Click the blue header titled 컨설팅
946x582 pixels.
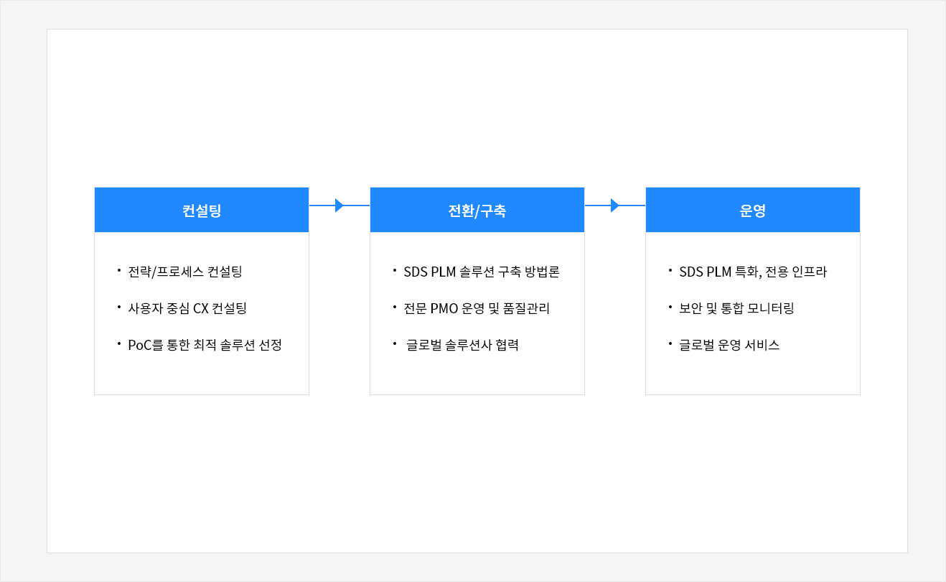pos(202,210)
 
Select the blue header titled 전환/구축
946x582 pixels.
pos(477,210)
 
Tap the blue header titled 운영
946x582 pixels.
pos(753,210)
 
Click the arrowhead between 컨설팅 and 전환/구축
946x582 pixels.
pos(339,205)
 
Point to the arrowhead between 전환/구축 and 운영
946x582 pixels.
pos(615,205)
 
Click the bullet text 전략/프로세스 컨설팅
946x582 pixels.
pos(185,272)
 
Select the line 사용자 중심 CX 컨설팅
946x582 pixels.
pos(187,308)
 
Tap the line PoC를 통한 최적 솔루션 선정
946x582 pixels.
pos(205,345)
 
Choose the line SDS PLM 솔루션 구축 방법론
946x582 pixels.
pos(482,272)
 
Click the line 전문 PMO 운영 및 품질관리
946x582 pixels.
pos(477,308)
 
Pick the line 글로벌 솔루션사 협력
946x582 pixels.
pos(462,345)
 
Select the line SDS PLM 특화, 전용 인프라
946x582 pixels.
pos(753,272)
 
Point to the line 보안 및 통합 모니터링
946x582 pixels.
pos(736,308)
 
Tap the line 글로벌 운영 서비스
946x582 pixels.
pos(729,345)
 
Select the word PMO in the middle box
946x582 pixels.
pos(444,308)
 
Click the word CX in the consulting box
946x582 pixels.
pos(201,308)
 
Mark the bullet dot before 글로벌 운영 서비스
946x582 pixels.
pos(670,343)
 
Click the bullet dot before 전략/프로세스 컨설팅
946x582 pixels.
pos(119,269)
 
